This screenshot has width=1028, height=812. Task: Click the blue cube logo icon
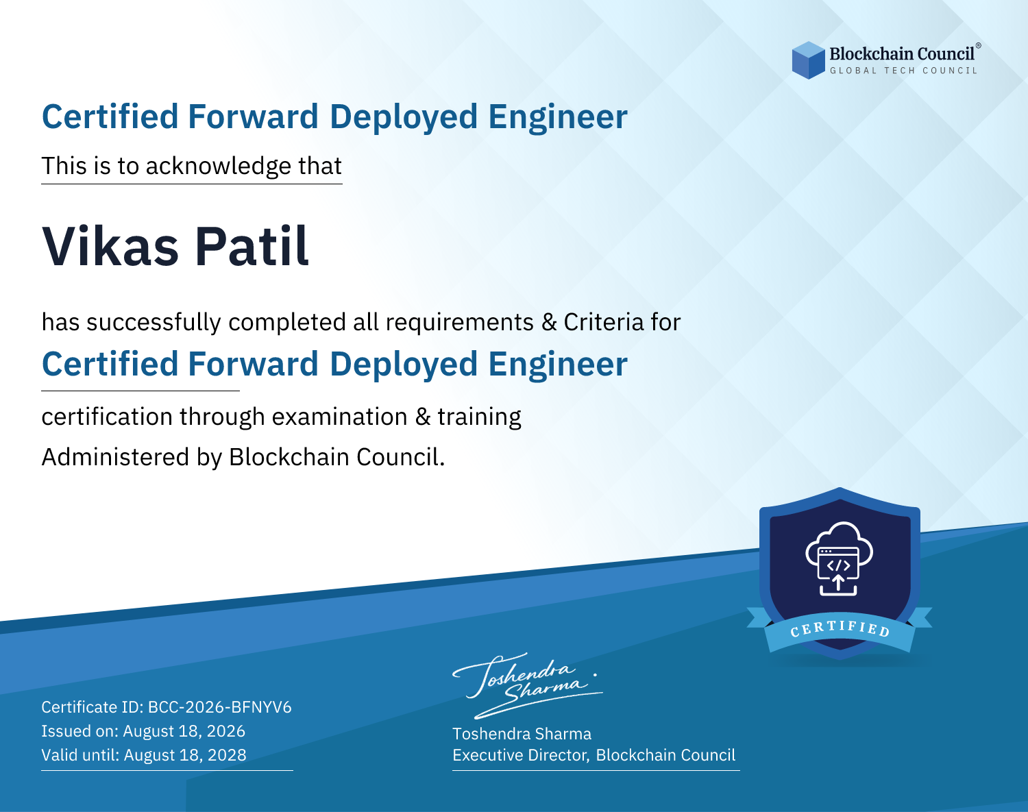pos(808,60)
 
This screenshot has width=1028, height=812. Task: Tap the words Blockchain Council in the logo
pos(902,54)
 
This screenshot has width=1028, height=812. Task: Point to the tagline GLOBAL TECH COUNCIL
pos(904,71)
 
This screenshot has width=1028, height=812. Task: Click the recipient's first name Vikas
pos(110,246)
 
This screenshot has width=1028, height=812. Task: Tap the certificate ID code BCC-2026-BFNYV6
pos(220,707)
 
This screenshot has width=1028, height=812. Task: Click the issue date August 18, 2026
pos(184,731)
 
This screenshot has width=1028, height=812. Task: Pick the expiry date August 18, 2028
pos(185,755)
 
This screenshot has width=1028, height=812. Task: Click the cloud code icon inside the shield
pos(839,559)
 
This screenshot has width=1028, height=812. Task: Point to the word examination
pos(340,417)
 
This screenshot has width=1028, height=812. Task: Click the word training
pos(479,417)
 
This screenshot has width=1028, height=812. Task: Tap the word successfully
pos(154,323)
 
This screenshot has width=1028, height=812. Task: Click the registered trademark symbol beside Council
pos(979,45)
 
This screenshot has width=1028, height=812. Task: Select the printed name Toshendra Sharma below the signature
pos(522,734)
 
